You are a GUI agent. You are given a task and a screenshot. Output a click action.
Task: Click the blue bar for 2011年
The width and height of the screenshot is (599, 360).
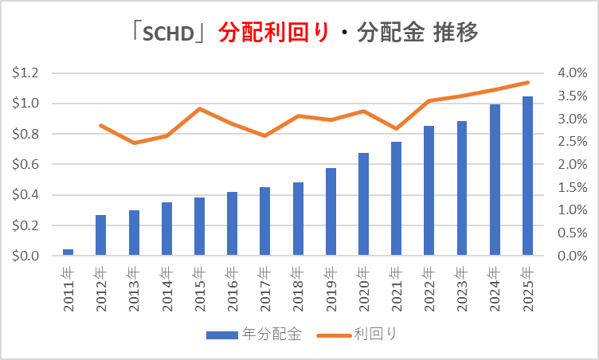[x=68, y=252]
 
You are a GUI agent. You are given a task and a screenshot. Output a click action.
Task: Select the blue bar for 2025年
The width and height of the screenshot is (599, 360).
[x=527, y=176]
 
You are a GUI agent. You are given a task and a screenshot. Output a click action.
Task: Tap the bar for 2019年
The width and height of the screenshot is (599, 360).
[x=331, y=212]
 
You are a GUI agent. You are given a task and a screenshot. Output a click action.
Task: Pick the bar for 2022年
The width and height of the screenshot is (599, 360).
[x=429, y=191]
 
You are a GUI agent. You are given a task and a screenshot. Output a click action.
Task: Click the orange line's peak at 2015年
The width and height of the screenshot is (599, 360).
[x=199, y=108]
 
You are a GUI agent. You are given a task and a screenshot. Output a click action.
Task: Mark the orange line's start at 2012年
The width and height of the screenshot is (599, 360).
[x=101, y=125]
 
